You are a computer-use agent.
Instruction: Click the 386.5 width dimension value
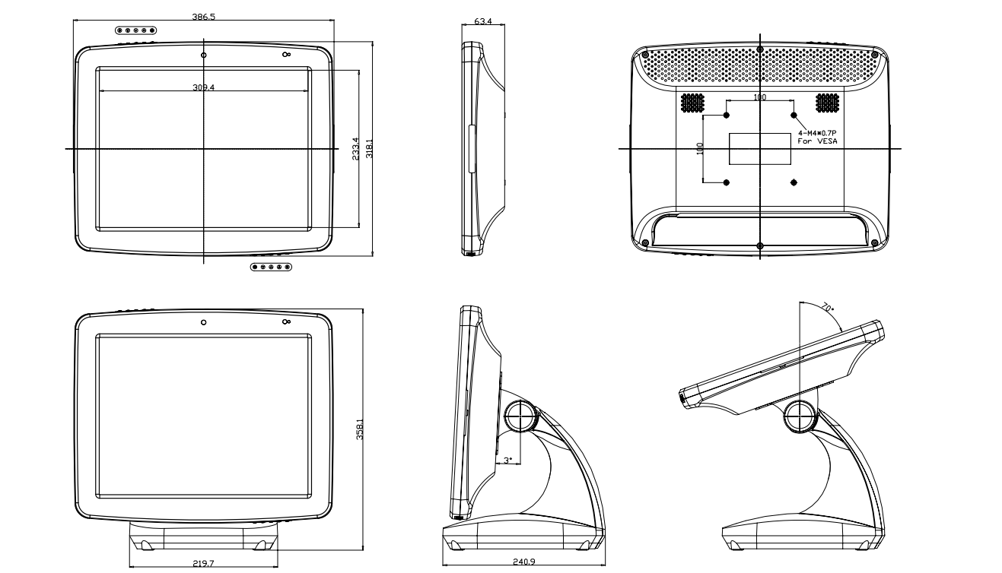click(x=204, y=16)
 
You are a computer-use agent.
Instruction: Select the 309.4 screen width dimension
click(x=204, y=87)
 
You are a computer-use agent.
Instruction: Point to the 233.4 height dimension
click(x=355, y=148)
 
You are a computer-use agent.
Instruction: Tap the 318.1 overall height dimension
click(x=369, y=148)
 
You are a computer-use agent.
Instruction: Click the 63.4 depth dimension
click(x=482, y=21)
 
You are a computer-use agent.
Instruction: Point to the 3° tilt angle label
click(x=508, y=460)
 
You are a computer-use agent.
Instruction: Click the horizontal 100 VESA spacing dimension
click(x=759, y=97)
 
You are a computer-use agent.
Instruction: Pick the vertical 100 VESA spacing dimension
click(x=700, y=148)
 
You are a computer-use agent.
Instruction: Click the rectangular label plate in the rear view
click(x=760, y=148)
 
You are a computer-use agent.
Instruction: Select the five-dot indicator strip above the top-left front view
click(x=136, y=30)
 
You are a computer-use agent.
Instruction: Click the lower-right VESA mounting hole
click(x=794, y=182)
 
